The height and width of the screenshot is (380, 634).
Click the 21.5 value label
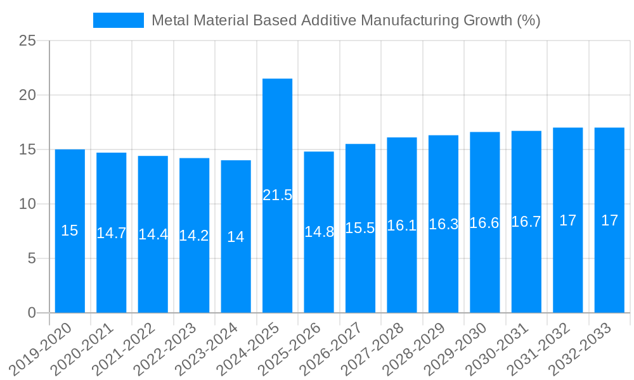pos(277,195)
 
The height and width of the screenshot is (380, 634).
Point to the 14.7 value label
pos(111,233)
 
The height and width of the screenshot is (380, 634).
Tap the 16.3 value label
pos(443,224)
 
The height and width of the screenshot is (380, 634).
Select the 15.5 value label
pos(360,228)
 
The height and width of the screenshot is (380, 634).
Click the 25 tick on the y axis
pos(28,41)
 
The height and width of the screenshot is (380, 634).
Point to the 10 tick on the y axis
pos(28,204)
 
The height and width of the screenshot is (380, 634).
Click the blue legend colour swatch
pos(119,20)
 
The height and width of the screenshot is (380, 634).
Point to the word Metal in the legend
pos(171,20)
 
